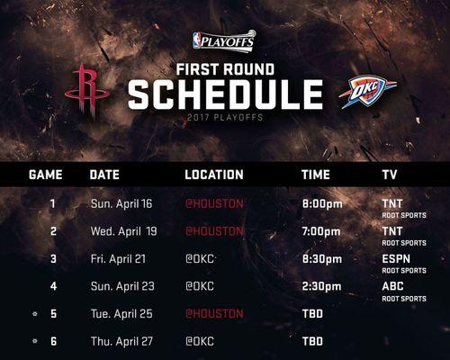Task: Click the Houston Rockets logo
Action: (87, 90)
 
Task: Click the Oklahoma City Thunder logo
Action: (368, 92)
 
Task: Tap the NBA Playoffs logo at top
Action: (224, 41)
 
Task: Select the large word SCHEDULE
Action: (225, 94)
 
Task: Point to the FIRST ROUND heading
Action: (225, 69)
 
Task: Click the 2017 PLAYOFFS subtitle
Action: (225, 117)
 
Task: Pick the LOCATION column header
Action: (214, 175)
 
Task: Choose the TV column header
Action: (390, 175)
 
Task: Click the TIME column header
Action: (316, 175)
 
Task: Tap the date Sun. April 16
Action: (121, 204)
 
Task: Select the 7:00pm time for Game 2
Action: (321, 231)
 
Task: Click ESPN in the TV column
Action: (396, 259)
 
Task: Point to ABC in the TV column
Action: (392, 286)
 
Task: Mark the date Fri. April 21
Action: (118, 259)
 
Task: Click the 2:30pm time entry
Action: (321, 286)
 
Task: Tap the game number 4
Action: (53, 286)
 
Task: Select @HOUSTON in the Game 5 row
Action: (214, 314)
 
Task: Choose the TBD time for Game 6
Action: (312, 341)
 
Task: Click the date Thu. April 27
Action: (121, 341)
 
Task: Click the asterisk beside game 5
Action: (35, 314)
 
